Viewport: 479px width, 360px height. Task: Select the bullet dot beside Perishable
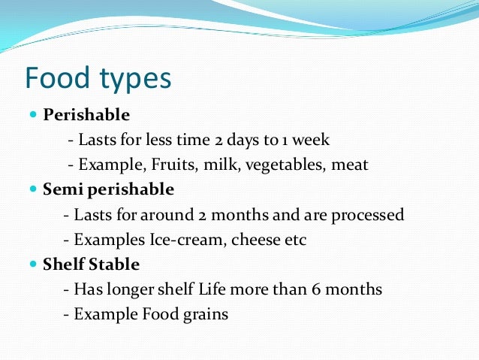click(x=33, y=115)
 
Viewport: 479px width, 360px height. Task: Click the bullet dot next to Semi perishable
click(x=33, y=189)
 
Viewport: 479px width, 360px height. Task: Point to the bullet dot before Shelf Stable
click(x=33, y=265)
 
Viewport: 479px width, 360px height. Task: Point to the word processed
click(x=369, y=215)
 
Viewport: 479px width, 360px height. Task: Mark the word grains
click(x=206, y=314)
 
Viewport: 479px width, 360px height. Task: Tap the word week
click(x=312, y=140)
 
